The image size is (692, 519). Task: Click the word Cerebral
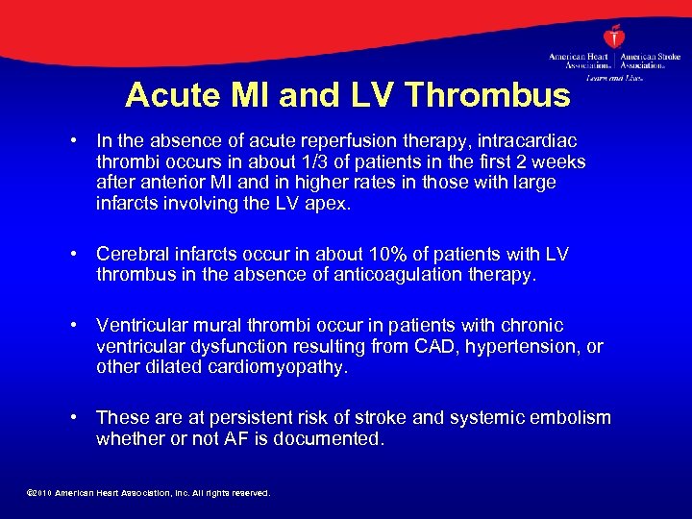pos(133,255)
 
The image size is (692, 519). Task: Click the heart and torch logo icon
pos(615,36)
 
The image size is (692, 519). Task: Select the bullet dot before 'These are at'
pos(74,418)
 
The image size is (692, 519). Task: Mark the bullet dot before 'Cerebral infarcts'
pos(74,255)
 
